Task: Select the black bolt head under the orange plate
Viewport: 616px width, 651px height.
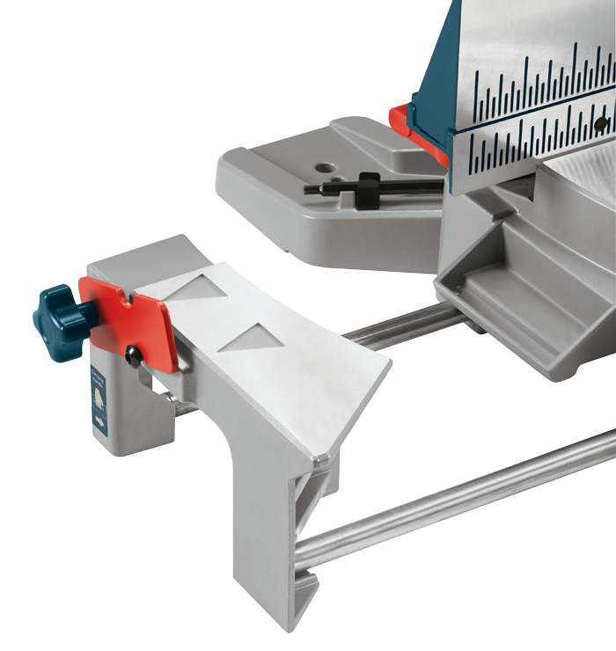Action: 133,356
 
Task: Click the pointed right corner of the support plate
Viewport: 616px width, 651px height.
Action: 387,359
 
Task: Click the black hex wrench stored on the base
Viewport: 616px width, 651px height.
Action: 352,187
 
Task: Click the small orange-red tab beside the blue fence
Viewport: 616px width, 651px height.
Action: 403,123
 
